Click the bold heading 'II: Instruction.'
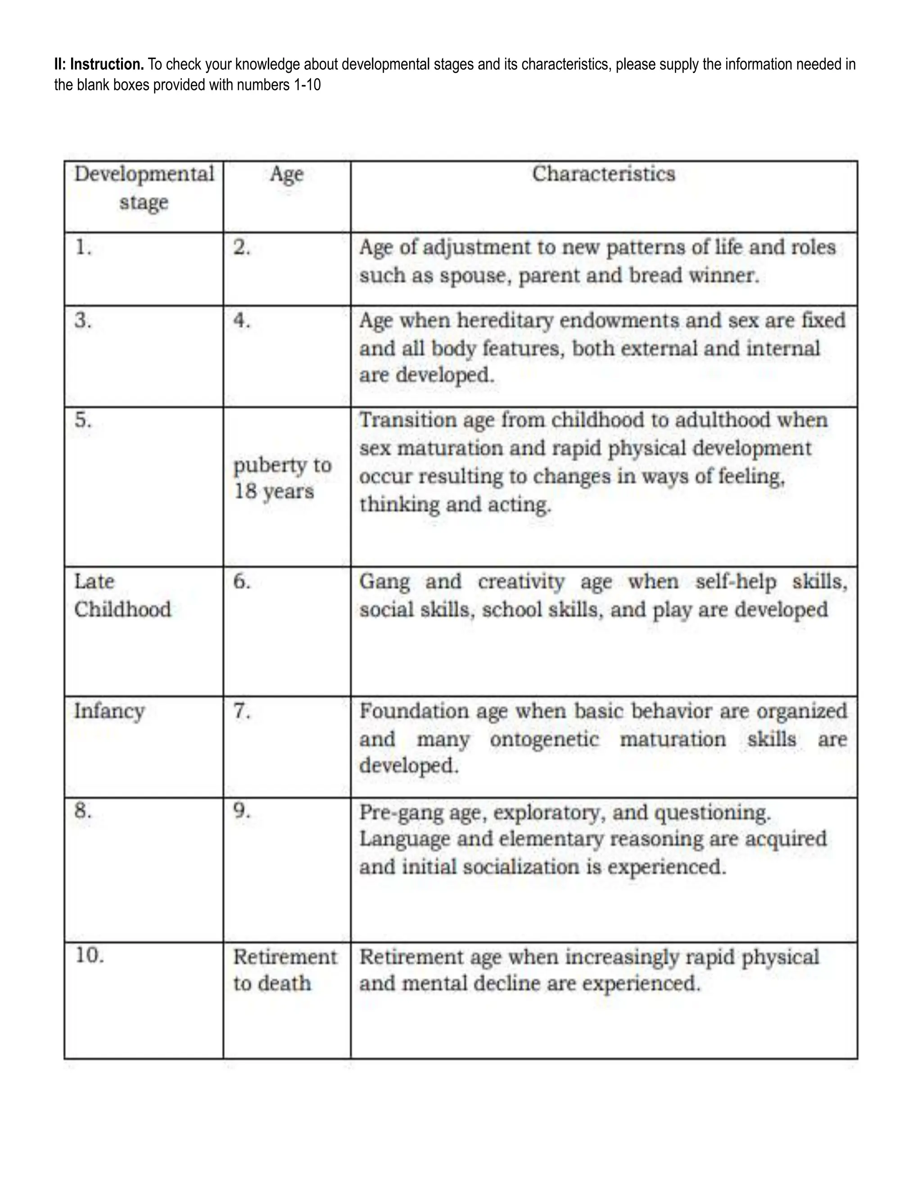[99, 64]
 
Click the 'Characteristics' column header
[604, 174]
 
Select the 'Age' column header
[286, 175]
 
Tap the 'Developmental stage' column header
[144, 188]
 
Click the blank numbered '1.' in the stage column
[84, 248]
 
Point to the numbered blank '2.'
[242, 248]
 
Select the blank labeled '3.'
[84, 321]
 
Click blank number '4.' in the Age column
[242, 321]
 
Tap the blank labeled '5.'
[84, 420]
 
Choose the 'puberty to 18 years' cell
[281, 478]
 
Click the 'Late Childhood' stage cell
[122, 596]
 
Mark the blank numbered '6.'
[242, 582]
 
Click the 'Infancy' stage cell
[109, 711]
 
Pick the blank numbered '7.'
[242, 711]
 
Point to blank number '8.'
[84, 811]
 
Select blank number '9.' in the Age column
[242, 811]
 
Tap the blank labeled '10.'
[89, 956]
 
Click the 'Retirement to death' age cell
[284, 970]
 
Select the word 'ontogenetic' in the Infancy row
[544, 740]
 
